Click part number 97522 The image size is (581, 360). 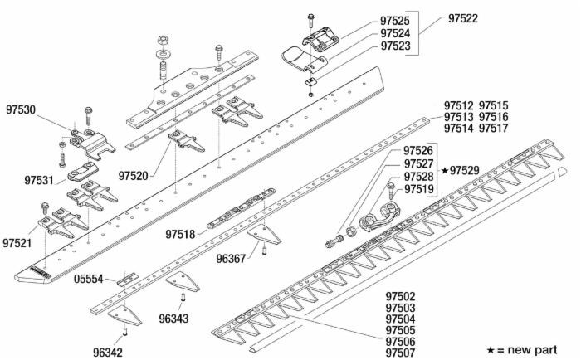[x=463, y=18]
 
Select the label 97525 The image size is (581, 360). [x=395, y=21]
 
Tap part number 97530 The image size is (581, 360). [x=21, y=109]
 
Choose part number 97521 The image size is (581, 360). [x=17, y=243]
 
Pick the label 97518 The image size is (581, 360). [x=181, y=235]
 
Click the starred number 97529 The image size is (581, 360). [x=465, y=170]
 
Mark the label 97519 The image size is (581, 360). [x=418, y=190]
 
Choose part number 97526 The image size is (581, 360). [x=418, y=151]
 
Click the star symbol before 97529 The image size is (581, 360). [x=444, y=170]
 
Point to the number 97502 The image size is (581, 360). [x=400, y=296]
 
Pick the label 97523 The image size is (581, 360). [x=395, y=46]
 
